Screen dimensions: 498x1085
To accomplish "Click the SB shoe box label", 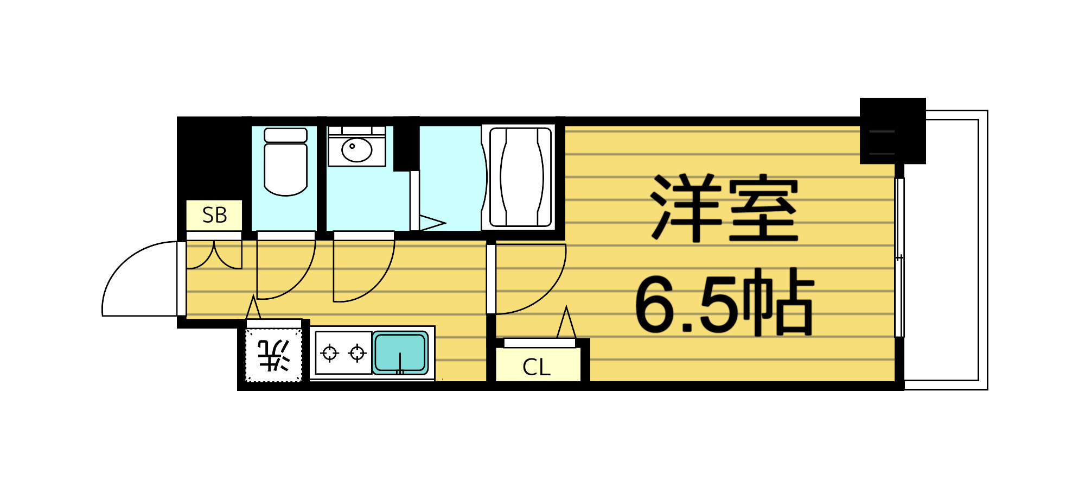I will [x=214, y=216].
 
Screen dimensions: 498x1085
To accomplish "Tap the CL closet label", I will [x=537, y=368].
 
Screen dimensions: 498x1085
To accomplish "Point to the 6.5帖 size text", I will [x=724, y=302].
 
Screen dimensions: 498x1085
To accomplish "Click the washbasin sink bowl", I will [x=356, y=150].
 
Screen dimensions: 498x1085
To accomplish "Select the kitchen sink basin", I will [x=400, y=353].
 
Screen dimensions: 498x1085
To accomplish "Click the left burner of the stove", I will [x=329, y=353].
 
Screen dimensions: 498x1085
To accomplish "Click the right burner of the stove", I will [x=357, y=353].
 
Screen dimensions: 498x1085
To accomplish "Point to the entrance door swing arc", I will [x=138, y=280].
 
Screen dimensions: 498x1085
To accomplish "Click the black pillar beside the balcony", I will [x=892, y=131].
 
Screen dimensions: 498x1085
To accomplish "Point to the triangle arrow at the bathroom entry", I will [x=431, y=223].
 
